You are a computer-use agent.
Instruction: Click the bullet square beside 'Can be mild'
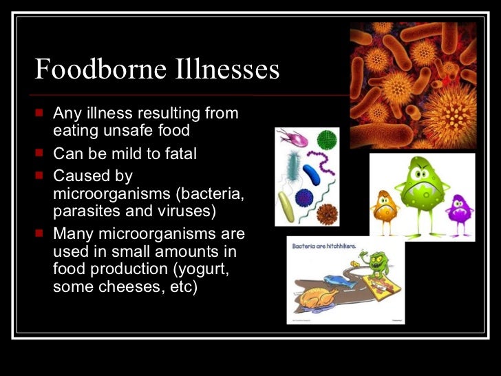click(x=41, y=154)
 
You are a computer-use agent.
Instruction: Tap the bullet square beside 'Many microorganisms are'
click(x=41, y=234)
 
